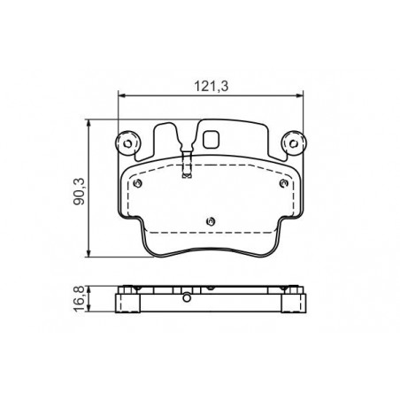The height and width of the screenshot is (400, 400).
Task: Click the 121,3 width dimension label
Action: (212, 86)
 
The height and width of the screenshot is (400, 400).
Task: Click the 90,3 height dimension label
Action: (80, 191)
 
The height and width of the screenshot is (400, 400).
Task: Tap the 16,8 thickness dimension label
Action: (80, 299)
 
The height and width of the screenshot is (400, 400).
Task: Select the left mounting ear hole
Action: (127, 144)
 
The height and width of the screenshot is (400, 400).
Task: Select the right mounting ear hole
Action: (294, 144)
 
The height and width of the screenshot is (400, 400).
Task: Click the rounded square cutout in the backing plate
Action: (211, 139)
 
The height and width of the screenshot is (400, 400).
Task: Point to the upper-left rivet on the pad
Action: (137, 183)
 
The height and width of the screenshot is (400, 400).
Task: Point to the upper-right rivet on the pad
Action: (283, 183)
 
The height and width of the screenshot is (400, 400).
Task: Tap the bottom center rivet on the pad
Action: (211, 221)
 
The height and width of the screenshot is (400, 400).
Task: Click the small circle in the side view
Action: (187, 298)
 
